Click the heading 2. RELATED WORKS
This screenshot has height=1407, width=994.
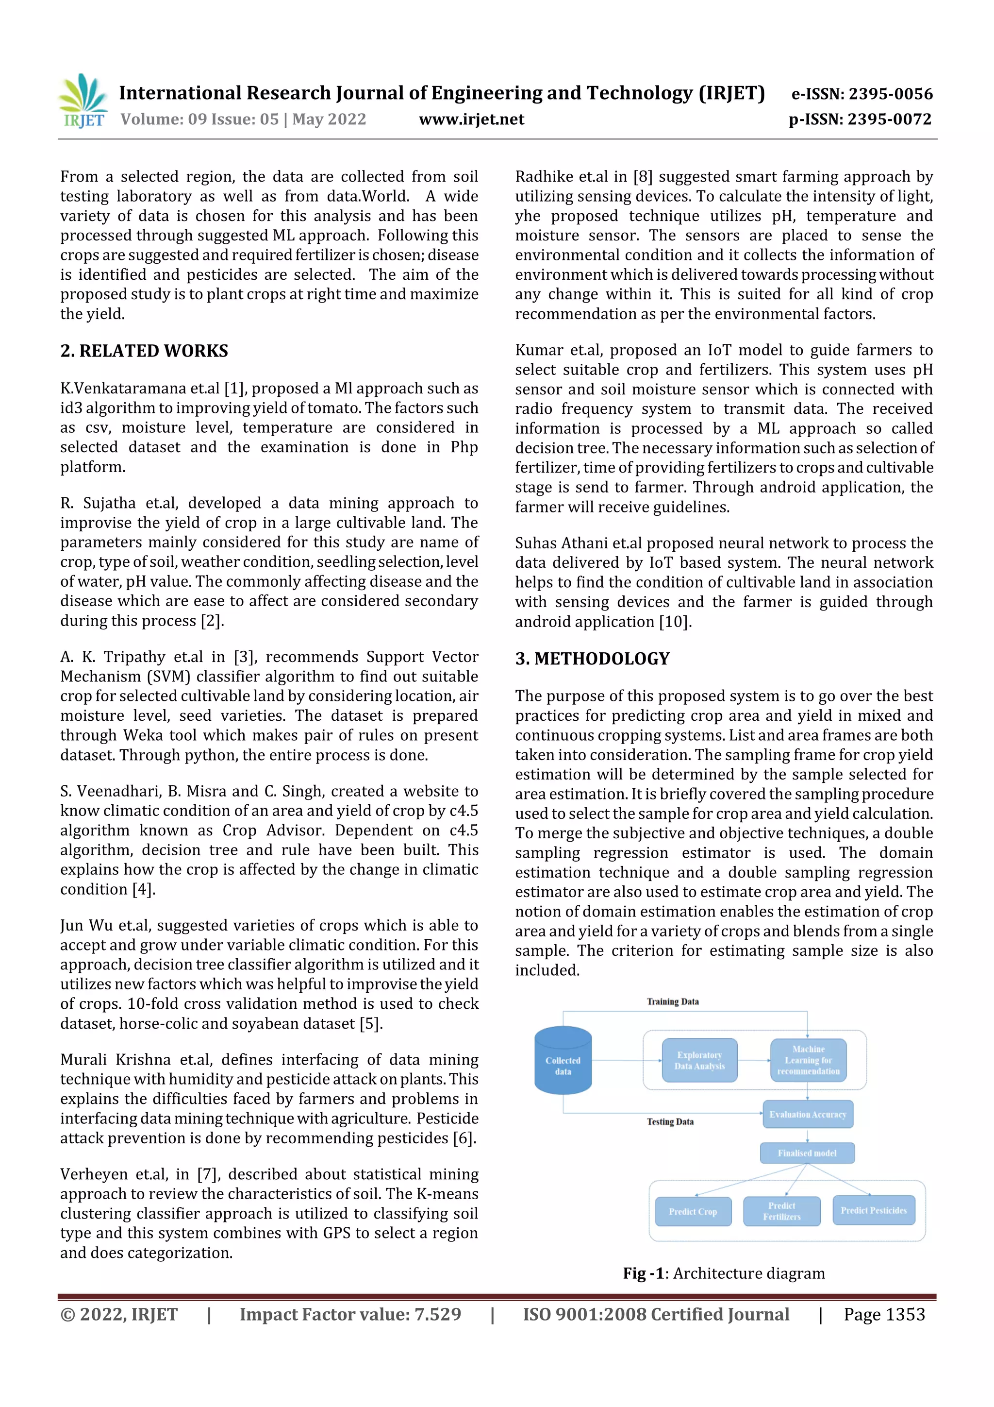[144, 351]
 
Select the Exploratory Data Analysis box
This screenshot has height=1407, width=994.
[699, 1060]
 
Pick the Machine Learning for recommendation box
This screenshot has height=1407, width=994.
[808, 1060]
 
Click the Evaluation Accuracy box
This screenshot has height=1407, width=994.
[807, 1114]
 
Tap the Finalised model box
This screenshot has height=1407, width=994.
[807, 1153]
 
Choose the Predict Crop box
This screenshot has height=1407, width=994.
[693, 1211]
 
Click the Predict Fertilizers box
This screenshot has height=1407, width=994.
[781, 1211]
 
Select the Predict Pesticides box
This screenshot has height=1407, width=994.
[873, 1210]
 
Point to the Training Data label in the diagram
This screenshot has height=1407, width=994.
[673, 1001]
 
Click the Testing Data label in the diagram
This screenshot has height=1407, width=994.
[670, 1121]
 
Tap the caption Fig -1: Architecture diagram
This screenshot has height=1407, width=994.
[723, 1273]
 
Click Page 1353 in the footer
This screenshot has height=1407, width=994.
[884, 1314]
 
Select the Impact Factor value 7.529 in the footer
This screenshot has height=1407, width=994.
[350, 1314]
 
